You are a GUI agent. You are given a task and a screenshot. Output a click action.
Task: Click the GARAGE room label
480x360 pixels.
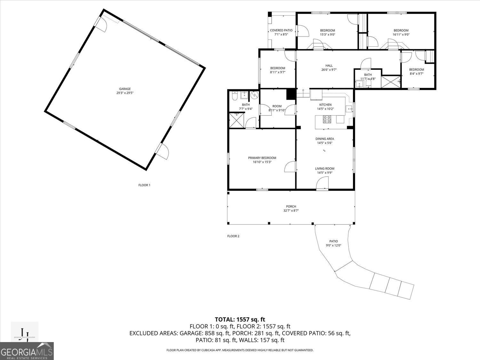125,89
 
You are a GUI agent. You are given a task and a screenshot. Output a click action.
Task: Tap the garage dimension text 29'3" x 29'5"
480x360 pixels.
125,93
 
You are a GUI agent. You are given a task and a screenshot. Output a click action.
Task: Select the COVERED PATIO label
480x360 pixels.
281,30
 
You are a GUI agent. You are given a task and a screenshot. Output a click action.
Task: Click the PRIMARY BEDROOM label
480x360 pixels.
262,158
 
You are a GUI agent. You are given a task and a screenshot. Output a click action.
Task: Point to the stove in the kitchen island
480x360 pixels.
327,119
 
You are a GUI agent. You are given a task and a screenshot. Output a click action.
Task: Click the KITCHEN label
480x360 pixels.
325,105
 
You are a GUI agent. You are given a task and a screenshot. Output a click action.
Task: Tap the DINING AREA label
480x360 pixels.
324,139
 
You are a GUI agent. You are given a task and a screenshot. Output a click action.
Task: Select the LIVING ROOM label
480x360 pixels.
324,169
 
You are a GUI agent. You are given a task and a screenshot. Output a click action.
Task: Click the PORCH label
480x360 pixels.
291,206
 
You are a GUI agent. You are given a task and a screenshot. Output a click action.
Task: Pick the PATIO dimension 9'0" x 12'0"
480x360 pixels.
333,245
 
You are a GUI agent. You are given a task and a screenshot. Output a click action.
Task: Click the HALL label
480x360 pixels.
329,66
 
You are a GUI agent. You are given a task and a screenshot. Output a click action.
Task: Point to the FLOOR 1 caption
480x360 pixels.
144,185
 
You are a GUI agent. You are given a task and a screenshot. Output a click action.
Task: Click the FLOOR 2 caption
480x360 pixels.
233,236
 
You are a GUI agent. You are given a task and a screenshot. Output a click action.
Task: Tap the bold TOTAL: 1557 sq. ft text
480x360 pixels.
240,319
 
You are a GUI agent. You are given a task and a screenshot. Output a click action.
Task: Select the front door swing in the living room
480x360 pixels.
322,184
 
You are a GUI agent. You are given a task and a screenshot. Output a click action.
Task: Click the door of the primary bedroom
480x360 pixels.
290,167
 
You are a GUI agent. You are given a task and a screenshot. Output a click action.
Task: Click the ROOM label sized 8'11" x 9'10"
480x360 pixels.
277,106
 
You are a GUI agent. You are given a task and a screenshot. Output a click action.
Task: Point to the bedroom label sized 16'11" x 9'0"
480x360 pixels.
401,30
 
